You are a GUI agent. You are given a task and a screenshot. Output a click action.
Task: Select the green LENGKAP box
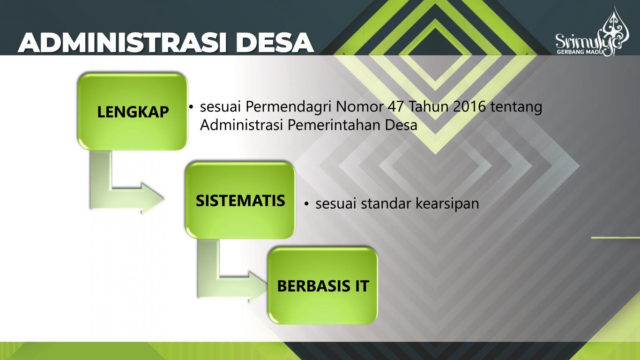click(133, 112)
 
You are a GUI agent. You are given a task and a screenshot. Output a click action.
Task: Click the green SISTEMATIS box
click(240, 201)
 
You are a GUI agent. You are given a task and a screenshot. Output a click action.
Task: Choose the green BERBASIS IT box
click(322, 285)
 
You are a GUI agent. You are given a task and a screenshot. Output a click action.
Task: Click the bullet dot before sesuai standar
click(306, 204)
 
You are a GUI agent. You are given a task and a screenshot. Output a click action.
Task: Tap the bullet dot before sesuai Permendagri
click(191, 108)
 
